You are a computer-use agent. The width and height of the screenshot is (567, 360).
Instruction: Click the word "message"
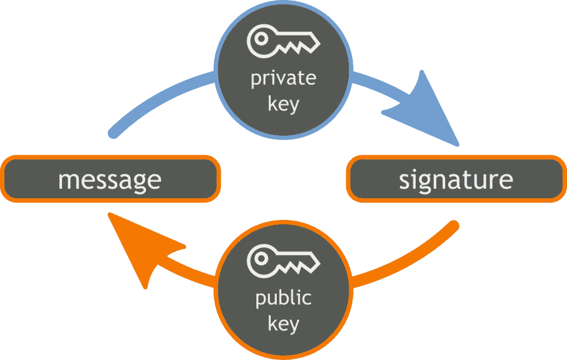coord(110,180)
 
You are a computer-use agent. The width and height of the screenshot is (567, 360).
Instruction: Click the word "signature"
coord(456,180)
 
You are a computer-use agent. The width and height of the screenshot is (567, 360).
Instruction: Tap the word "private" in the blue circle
coord(283,79)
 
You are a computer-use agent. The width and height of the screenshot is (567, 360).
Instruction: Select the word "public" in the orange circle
coord(283,299)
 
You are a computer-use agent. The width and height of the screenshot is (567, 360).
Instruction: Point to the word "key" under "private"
coord(283,104)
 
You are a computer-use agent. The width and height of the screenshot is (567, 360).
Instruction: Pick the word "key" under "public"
coord(283,323)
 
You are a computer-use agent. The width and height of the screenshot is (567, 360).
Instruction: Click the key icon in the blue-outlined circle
coord(283,43)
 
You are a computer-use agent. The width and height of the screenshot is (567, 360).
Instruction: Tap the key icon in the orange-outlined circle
coord(283,260)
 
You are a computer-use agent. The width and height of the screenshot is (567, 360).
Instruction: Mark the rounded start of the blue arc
coord(114,133)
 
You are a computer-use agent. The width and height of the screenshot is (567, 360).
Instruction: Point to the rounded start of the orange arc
coord(453,225)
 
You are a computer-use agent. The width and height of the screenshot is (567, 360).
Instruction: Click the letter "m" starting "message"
coord(67,181)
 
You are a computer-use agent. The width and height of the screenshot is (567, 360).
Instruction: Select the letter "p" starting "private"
coord(256,81)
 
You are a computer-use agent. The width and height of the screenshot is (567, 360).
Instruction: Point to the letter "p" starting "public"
coord(260,301)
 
